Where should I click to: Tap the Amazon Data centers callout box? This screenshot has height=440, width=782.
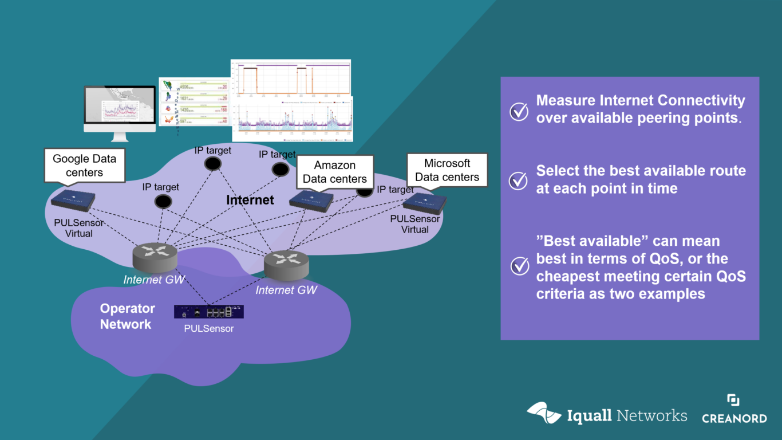point(335,171)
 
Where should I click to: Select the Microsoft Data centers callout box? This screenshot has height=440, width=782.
point(447,170)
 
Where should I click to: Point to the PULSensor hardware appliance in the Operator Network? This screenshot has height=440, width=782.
point(209,312)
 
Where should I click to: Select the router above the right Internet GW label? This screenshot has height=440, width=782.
point(286,263)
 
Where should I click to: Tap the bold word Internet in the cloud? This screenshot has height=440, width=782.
point(250,200)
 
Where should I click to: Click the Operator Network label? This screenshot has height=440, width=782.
point(127,316)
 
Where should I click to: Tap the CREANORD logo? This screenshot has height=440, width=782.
point(734,410)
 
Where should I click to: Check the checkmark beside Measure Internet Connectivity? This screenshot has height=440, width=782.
point(519,111)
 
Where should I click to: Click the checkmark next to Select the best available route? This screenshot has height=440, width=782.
point(519,180)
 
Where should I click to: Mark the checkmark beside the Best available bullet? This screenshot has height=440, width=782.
point(519,266)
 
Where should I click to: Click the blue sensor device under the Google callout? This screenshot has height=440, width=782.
point(73,199)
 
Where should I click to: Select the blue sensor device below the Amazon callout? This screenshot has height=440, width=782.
point(311,201)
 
